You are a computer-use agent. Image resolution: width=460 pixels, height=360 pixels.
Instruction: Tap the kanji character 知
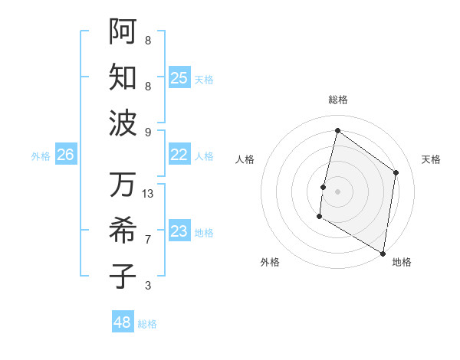click(x=123, y=77)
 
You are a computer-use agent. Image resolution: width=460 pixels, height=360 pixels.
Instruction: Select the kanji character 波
click(x=123, y=123)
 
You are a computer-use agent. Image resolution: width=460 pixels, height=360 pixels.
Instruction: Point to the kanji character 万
click(x=123, y=185)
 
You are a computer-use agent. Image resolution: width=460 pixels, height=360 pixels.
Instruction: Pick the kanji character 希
click(x=123, y=231)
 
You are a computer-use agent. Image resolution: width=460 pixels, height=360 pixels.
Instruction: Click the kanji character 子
click(x=123, y=277)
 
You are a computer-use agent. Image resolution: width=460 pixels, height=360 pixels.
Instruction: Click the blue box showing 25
click(x=179, y=77)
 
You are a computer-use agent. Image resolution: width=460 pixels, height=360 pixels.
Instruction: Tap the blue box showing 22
click(x=179, y=155)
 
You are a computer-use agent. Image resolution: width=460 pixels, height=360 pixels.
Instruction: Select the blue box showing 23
click(x=179, y=232)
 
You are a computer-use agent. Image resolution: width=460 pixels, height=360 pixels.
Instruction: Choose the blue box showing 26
click(x=65, y=155)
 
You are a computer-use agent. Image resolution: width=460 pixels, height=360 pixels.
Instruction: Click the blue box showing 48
click(x=123, y=322)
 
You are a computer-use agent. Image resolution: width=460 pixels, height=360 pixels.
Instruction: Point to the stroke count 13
click(x=148, y=194)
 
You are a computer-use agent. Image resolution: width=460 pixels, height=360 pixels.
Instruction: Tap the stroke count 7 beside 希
click(x=148, y=240)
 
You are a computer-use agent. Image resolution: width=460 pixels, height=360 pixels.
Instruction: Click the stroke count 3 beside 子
click(x=148, y=286)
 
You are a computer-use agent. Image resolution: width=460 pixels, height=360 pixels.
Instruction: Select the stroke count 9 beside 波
click(x=148, y=132)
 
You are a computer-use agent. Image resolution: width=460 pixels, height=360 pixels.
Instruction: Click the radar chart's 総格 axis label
click(x=337, y=100)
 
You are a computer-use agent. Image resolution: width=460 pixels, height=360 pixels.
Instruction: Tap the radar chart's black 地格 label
click(x=402, y=263)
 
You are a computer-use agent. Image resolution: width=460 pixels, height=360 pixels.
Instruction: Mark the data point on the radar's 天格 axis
click(x=396, y=172)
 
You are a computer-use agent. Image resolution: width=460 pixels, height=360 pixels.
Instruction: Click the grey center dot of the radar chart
click(x=337, y=191)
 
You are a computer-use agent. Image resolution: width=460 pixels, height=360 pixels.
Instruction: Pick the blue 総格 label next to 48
click(x=147, y=324)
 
